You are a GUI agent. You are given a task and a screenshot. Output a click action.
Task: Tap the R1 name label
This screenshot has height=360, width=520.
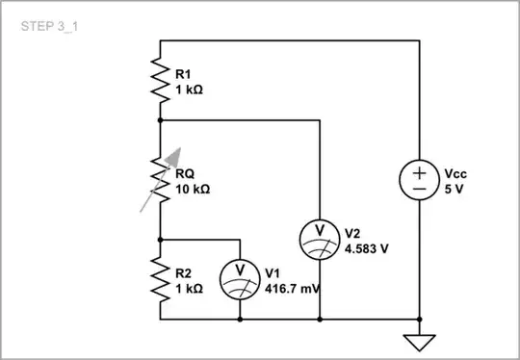183,73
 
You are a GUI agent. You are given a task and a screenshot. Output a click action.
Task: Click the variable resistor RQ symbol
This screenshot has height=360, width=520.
160,179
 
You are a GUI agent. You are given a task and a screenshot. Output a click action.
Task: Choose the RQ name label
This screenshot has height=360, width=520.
185,173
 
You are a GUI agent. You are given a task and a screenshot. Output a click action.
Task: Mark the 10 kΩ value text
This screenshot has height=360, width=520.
194,189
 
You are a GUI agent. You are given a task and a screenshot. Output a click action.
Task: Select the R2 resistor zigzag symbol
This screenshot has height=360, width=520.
160,278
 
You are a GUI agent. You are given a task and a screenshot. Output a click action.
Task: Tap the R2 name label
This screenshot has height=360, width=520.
183,272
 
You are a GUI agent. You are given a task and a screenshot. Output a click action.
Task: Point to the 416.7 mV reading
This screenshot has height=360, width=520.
295,288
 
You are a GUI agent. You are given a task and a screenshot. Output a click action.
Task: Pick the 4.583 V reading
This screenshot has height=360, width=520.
366,247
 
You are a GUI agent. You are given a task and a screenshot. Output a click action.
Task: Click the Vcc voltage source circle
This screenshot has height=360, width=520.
420,180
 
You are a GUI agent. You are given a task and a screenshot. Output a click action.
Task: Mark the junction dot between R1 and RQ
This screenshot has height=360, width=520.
160,120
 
